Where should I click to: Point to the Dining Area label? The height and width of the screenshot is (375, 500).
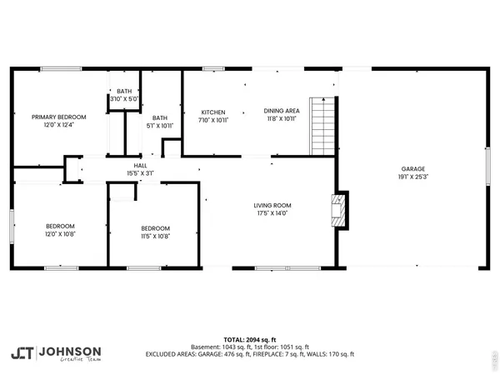pos(281,111)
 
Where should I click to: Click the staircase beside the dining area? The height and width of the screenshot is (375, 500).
pos(322,126)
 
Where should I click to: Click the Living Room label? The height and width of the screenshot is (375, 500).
pos(272,205)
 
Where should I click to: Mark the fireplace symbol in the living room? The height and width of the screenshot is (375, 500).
pos(339,210)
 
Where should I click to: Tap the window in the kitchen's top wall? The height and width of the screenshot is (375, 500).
pos(213,69)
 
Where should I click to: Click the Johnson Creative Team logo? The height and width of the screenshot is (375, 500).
pos(57,352)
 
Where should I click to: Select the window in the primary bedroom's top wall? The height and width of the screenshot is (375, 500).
pos(55,69)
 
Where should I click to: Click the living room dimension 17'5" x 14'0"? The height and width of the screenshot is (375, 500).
pos(272,213)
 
